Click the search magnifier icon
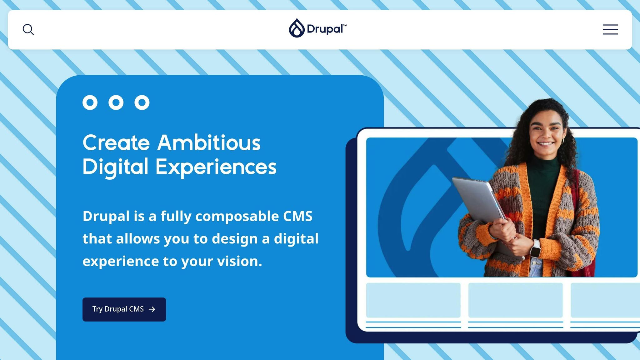28,30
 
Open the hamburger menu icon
610,30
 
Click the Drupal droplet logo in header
297,28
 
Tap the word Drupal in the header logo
325,29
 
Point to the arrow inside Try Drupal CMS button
152,309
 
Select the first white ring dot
90,102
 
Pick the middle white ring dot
116,102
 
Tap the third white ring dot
142,102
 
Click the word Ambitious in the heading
209,143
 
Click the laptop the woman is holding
478,200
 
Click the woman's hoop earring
563,141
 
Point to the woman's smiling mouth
546,144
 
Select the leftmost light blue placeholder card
413,300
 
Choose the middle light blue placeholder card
515,300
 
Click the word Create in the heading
116,143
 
